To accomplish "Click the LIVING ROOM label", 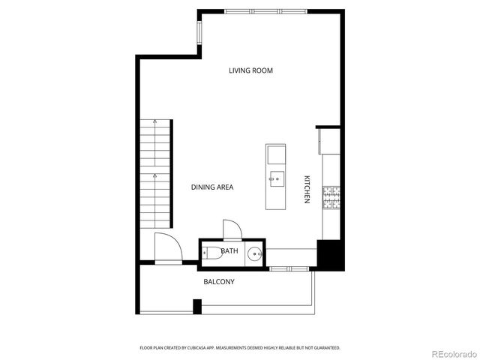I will pos(250,70).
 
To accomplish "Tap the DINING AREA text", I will pos(211,187).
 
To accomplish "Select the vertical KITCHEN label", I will pos(307,189).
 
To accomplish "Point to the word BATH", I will pos(229,251).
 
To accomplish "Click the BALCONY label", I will pos(219,282).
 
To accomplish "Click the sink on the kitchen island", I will pos(277,178).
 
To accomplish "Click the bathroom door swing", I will pos(232,229).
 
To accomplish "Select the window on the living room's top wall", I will pos(265,11).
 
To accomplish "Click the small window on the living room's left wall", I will pos(199,32).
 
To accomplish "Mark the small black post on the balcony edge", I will pos(197,306).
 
